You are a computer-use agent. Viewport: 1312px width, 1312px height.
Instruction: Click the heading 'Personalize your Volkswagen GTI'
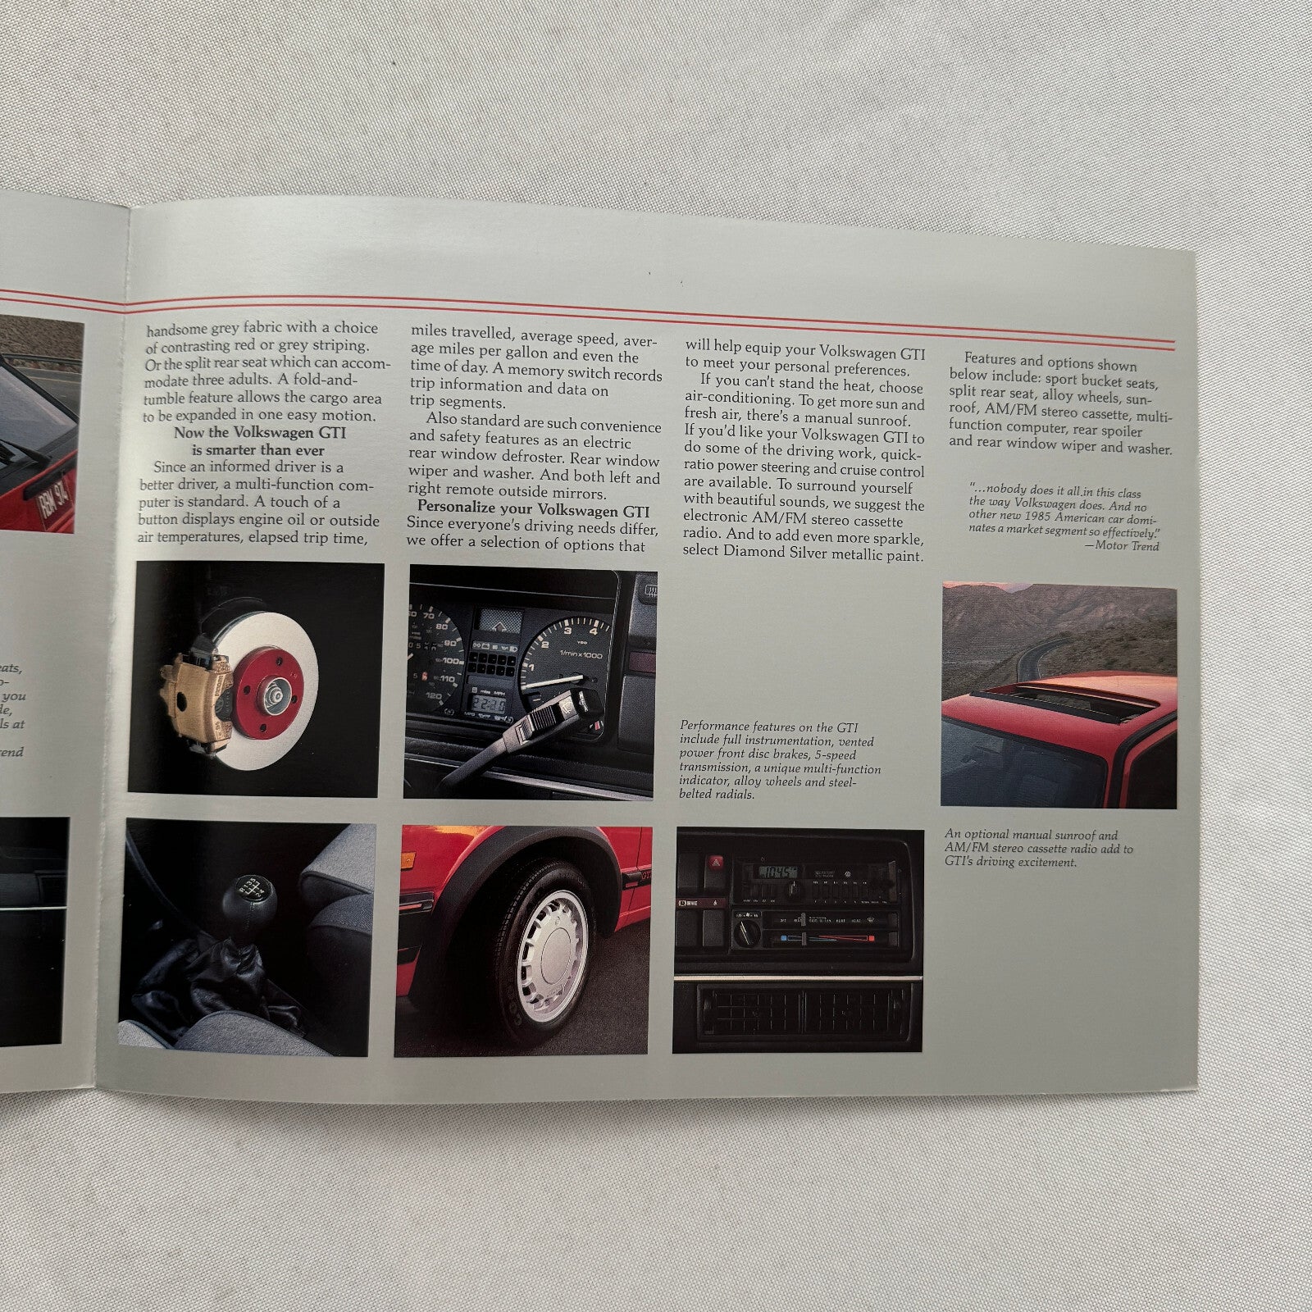(x=533, y=511)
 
